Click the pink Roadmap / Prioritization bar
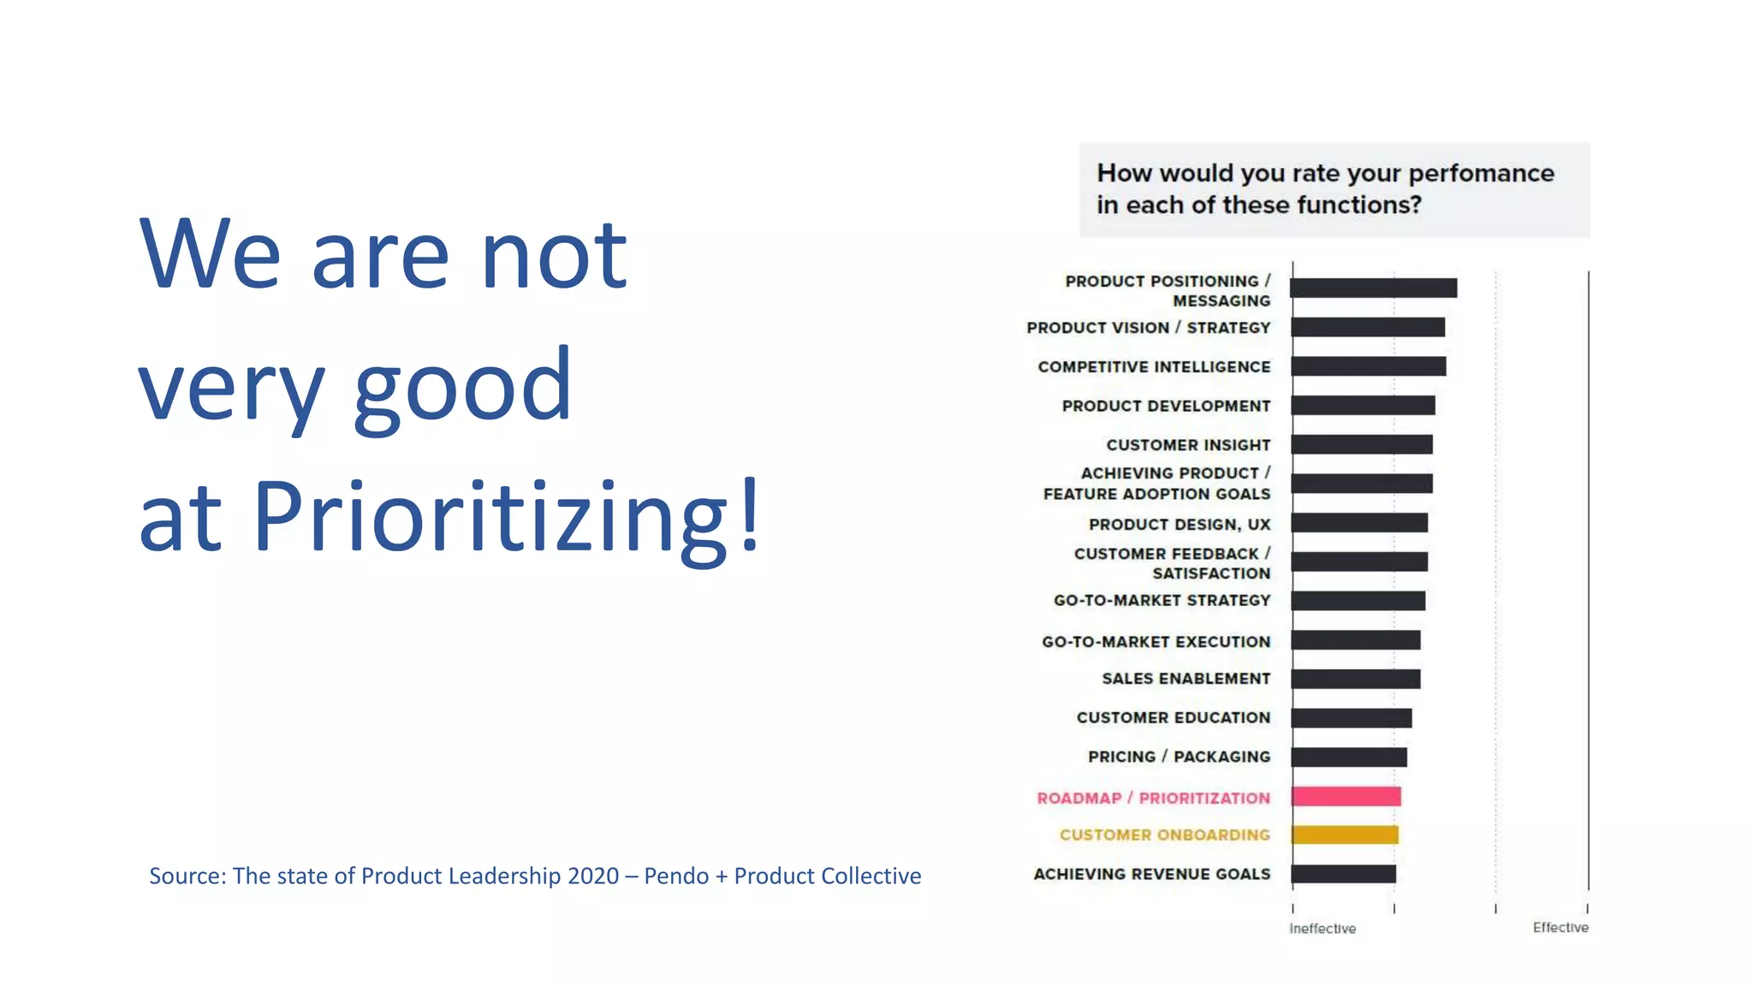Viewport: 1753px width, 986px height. (1346, 797)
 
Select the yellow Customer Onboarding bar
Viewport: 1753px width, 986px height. (1345, 835)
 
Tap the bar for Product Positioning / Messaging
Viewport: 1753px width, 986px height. (1373, 288)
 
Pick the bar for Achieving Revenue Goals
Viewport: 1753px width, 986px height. (1343, 874)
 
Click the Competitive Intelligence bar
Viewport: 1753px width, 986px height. (1368, 366)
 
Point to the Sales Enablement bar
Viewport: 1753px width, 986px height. (1355, 679)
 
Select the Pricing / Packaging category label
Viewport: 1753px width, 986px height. (1179, 757)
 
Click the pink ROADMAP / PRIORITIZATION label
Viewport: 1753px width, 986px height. (1153, 798)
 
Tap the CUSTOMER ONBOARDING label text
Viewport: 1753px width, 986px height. (1164, 835)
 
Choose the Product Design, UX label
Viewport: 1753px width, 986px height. (1179, 524)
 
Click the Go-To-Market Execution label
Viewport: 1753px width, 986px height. (1156, 641)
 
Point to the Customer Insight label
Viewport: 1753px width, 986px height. (1188, 445)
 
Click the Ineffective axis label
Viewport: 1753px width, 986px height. (1322, 929)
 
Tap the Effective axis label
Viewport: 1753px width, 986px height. (1560, 928)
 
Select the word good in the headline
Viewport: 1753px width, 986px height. (462, 388)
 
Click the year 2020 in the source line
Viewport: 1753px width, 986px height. (593, 876)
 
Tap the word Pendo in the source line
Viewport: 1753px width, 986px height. (676, 876)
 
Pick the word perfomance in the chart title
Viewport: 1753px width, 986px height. (1481, 174)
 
